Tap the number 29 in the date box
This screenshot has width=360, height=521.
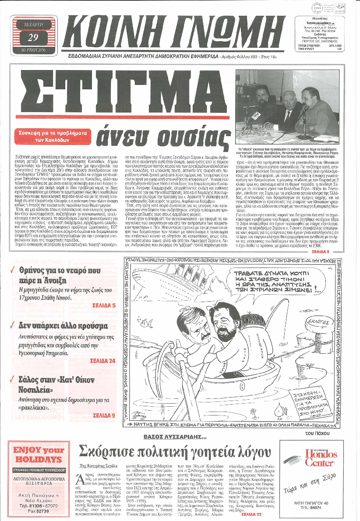click(33, 37)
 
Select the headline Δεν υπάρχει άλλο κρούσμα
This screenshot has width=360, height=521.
click(64, 326)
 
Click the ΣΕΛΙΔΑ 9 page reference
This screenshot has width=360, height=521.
click(104, 415)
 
